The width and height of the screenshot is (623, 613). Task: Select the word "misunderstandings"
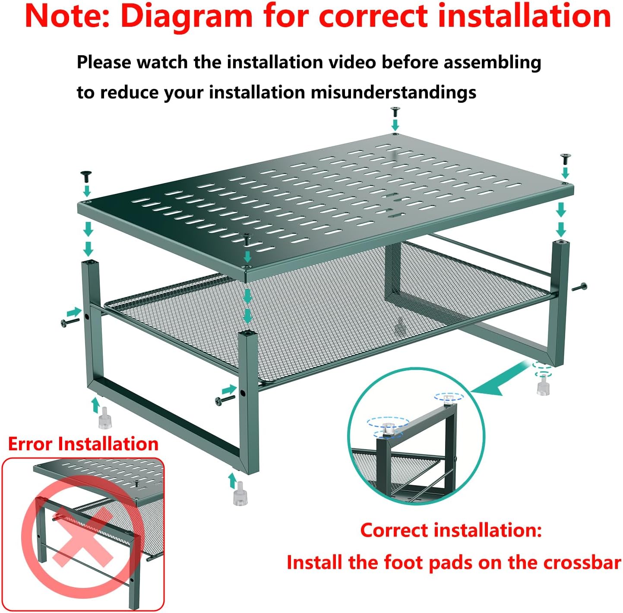393,92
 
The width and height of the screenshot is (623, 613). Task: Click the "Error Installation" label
83,444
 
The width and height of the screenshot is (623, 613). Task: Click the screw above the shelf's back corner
395,111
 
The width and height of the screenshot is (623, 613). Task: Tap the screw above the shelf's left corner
86,177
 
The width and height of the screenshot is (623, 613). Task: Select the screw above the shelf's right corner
566,159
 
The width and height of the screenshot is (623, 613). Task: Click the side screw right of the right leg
579,287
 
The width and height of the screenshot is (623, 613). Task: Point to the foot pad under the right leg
544,385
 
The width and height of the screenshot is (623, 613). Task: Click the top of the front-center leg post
248,332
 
